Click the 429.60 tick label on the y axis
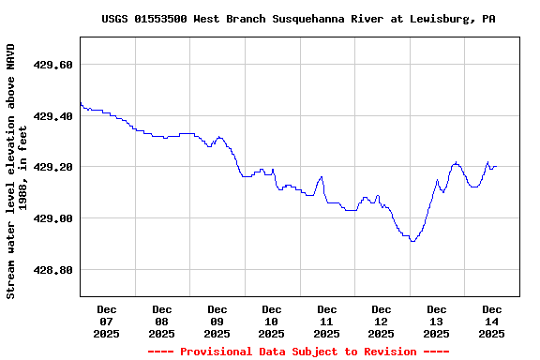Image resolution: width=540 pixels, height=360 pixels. [x=53, y=65]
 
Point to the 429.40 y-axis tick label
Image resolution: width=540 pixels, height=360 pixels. [x=53, y=116]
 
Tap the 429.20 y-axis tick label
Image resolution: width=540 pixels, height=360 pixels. [x=53, y=167]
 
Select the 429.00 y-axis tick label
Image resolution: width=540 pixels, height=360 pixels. [x=53, y=218]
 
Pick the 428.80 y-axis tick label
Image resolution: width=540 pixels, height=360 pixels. [x=53, y=270]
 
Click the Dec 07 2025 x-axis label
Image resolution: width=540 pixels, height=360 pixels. [x=107, y=321]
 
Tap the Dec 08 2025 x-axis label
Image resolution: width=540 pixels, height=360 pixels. [x=161, y=321]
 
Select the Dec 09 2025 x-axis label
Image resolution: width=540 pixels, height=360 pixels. [x=217, y=321]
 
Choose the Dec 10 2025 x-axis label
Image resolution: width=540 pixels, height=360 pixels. [x=271, y=321]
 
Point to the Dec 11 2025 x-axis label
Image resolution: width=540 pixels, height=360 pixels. [x=326, y=321]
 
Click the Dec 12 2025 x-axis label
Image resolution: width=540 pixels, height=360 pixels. [x=381, y=321]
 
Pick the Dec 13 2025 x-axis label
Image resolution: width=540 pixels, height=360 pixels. [x=436, y=321]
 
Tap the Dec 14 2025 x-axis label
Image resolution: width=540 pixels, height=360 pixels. [x=491, y=321]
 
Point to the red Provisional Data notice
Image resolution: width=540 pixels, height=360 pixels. [x=298, y=352]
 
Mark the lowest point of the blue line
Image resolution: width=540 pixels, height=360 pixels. [x=412, y=241]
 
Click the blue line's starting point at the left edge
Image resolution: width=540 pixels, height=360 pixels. [x=81, y=102]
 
